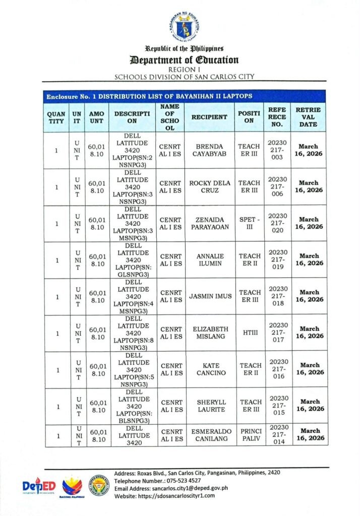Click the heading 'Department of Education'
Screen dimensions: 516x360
point(184,60)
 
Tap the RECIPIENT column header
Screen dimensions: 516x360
point(209,117)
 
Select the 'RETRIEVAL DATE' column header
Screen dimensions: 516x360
point(308,117)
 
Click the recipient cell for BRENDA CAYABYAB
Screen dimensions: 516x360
point(209,150)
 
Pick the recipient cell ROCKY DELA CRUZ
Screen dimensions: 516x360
point(209,187)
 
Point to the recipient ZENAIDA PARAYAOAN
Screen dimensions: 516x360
point(209,223)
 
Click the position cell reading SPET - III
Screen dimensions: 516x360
point(249,223)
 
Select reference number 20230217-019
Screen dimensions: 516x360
point(277,260)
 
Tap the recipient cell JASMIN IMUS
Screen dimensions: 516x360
point(209,296)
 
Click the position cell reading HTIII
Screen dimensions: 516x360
point(249,333)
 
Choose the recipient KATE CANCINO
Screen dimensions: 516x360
point(209,369)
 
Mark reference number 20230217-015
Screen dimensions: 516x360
point(277,406)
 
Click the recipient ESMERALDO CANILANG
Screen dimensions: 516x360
point(209,435)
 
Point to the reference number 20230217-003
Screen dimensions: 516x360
point(277,150)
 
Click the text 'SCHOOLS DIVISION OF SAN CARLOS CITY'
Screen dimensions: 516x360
point(184,77)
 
